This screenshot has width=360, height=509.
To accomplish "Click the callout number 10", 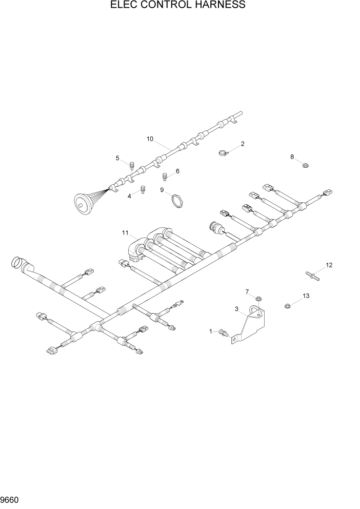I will pyautogui.click(x=150, y=139).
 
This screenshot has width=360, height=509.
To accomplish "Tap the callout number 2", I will pyautogui.click(x=243, y=144).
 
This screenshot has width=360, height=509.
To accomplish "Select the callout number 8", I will pyautogui.click(x=292, y=157).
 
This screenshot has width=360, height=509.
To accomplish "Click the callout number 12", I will pyautogui.click(x=329, y=265).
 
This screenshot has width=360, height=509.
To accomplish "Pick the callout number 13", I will pyautogui.click(x=306, y=296).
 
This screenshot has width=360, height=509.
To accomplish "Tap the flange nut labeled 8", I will pyautogui.click(x=304, y=166).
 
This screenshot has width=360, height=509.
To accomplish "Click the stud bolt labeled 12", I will pyautogui.click(x=313, y=276).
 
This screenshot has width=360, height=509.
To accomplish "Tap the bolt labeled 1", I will pyautogui.click(x=223, y=332).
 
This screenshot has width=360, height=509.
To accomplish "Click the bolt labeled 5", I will pyautogui.click(x=132, y=165).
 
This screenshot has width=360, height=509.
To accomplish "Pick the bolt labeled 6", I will pyautogui.click(x=165, y=178).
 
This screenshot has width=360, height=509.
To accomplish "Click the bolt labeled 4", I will pyautogui.click(x=143, y=190).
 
